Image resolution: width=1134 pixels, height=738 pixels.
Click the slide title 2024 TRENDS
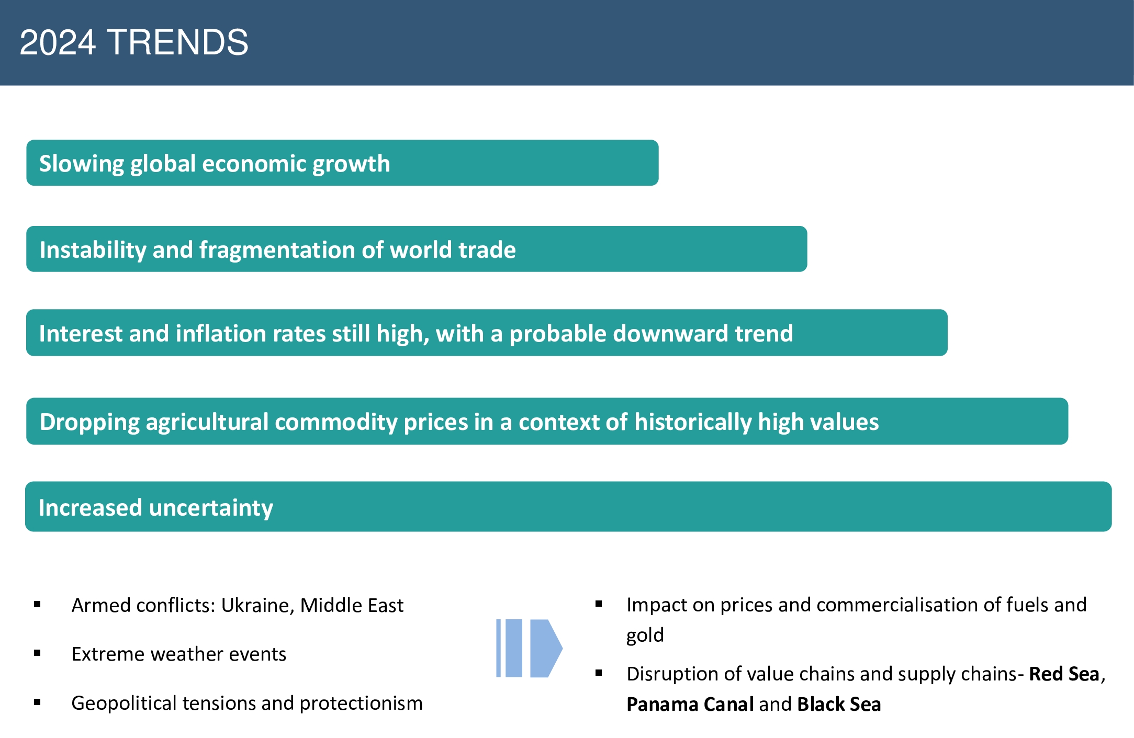[134, 42]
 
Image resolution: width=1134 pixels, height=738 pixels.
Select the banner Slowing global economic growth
[342, 163]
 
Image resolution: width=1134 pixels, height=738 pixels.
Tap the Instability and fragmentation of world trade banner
[417, 249]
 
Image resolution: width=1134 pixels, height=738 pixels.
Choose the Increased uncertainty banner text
[156, 508]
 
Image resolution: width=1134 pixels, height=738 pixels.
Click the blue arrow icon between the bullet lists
[529, 648]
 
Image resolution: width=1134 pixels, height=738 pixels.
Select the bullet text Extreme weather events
[179, 654]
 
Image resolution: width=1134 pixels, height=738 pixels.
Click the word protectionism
[361, 703]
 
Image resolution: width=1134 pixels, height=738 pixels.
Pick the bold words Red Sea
[1064, 674]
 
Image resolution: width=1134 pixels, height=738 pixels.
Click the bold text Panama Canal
[690, 705]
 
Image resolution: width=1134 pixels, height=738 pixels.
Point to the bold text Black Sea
[839, 705]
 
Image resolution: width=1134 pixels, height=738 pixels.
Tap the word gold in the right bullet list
[645, 635]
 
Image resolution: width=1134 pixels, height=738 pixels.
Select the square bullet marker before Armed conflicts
[37, 605]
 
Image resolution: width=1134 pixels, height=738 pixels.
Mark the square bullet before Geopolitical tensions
[37, 702]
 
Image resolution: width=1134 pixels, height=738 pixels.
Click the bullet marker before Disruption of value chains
[599, 673]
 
